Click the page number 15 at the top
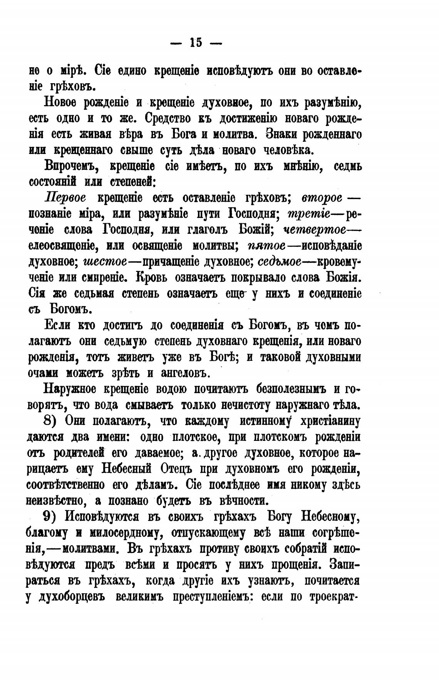[x=196, y=42]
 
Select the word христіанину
[x=331, y=421]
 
